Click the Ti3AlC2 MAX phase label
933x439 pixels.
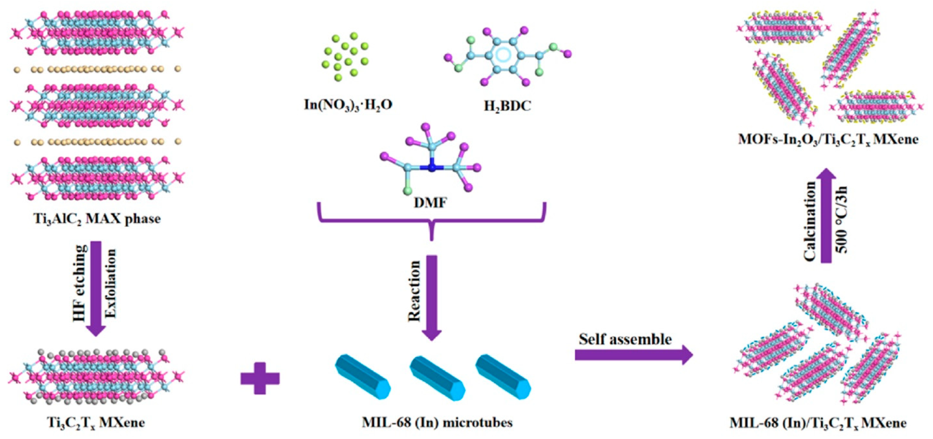point(97,219)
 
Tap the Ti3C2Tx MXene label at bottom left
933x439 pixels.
point(96,422)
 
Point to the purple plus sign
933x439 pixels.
point(260,378)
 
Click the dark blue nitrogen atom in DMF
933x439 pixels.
point(431,168)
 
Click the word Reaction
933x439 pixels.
point(414,292)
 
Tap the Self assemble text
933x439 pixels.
point(625,339)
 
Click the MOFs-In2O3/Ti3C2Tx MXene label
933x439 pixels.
point(828,139)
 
